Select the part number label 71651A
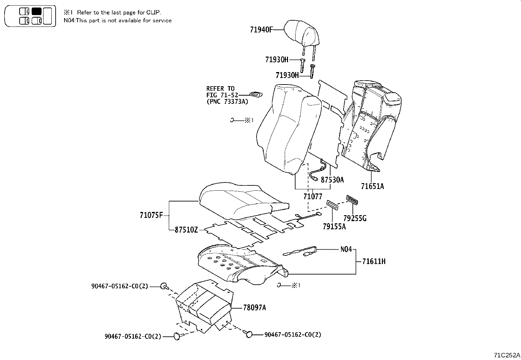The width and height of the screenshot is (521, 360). point(372,186)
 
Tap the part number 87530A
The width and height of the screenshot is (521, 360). point(332,180)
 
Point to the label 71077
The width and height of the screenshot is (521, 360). point(313,197)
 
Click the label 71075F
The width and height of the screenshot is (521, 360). point(151,216)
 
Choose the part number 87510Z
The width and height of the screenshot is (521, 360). point(186,230)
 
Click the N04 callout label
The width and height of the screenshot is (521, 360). point(346,249)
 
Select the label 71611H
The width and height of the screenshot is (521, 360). point(374,261)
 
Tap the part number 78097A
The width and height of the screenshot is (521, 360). point(255,308)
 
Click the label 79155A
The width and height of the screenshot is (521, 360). point(334,226)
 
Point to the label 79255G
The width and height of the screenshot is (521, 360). point(355,218)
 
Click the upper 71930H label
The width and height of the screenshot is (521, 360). point(277,60)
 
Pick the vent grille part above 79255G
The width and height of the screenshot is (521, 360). point(351,199)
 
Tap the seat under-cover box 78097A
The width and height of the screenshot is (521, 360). point(205,305)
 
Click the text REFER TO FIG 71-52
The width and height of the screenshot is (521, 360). point(220,92)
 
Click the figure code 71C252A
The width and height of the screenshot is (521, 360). point(507,355)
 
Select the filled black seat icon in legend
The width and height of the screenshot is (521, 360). point(36,11)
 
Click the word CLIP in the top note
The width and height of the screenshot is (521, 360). point(153,12)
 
